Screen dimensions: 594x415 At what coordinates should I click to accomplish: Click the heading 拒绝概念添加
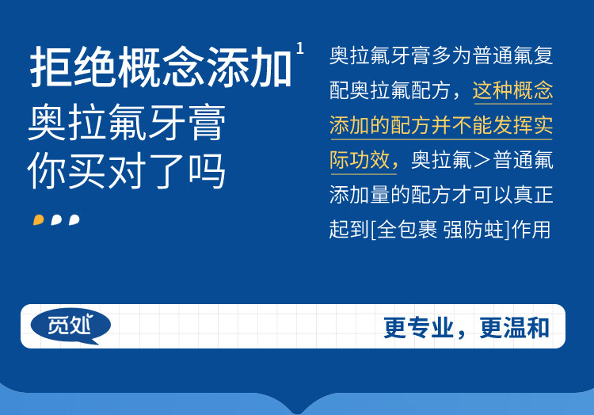[x=161, y=67]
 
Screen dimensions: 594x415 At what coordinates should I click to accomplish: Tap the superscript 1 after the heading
[x=300, y=48]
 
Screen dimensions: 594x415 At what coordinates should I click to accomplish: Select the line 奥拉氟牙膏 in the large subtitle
[x=127, y=122]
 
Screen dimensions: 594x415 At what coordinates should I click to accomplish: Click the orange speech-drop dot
[x=38, y=219]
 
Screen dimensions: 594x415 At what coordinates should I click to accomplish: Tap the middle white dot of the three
[x=56, y=219]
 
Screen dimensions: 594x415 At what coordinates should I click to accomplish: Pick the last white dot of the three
[x=74, y=219]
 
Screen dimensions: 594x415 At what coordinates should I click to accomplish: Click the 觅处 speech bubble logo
[x=70, y=326]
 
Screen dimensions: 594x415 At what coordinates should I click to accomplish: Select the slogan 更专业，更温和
[x=466, y=328]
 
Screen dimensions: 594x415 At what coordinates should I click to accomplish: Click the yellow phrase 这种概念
[x=512, y=90]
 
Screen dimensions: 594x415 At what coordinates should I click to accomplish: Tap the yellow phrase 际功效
[x=360, y=160]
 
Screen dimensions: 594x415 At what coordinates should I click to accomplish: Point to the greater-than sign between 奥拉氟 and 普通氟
[x=482, y=161]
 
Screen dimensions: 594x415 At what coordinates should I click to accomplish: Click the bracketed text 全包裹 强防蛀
[x=440, y=230]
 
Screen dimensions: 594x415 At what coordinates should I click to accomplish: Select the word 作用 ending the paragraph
[x=531, y=230]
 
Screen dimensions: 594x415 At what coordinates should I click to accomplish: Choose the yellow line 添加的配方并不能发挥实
[x=441, y=125]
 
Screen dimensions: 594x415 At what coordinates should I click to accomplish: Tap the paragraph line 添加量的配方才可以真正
[x=441, y=195]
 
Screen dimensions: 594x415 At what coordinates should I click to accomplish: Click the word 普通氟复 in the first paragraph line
[x=513, y=55]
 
